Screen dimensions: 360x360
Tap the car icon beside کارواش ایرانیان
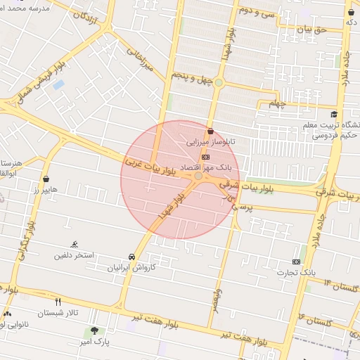(x=132, y=257)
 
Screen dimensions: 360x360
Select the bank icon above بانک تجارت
(x=296, y=262)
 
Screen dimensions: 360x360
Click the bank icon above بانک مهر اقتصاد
(x=205, y=157)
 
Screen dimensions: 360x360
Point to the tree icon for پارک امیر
(x=94, y=330)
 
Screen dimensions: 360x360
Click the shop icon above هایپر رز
(x=46, y=179)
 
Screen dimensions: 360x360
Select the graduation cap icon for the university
(x=334, y=115)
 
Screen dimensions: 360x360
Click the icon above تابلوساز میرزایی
(x=210, y=130)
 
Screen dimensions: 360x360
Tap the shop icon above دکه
(x=350, y=12)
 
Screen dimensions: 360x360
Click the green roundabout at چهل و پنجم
(x=219, y=83)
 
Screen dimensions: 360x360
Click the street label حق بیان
(x=313, y=30)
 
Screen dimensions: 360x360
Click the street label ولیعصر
(x=220, y=297)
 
